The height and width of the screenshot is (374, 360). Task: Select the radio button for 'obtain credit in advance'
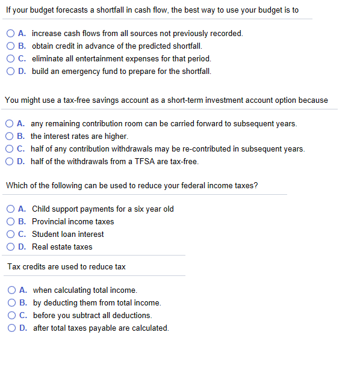(x=11, y=46)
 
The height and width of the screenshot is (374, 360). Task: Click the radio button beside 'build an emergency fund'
(x=11, y=71)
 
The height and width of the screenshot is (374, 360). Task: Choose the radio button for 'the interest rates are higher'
(x=11, y=136)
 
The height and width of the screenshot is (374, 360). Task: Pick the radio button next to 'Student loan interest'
(x=11, y=234)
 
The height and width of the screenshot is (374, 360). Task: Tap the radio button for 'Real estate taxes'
(x=11, y=247)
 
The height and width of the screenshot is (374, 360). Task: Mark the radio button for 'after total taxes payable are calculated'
(x=12, y=328)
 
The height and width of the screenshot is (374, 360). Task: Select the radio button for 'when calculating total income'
(x=12, y=290)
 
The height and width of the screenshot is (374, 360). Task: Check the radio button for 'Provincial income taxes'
(x=11, y=221)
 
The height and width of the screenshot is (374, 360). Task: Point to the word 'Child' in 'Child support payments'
(x=41, y=209)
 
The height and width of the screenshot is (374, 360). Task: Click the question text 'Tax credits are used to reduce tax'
(x=66, y=266)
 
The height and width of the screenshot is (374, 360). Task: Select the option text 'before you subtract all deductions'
(x=92, y=315)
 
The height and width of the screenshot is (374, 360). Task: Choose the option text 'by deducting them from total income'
(x=97, y=302)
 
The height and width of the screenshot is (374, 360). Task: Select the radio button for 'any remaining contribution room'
(x=11, y=123)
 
